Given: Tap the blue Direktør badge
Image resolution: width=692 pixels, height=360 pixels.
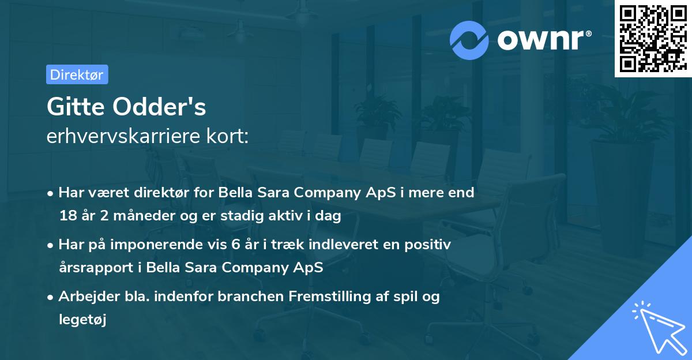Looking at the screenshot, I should tap(77, 74).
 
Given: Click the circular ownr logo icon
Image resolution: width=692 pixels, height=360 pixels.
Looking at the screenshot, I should tap(469, 40).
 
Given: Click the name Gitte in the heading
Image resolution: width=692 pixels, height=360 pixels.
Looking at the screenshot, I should tap(74, 107).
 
